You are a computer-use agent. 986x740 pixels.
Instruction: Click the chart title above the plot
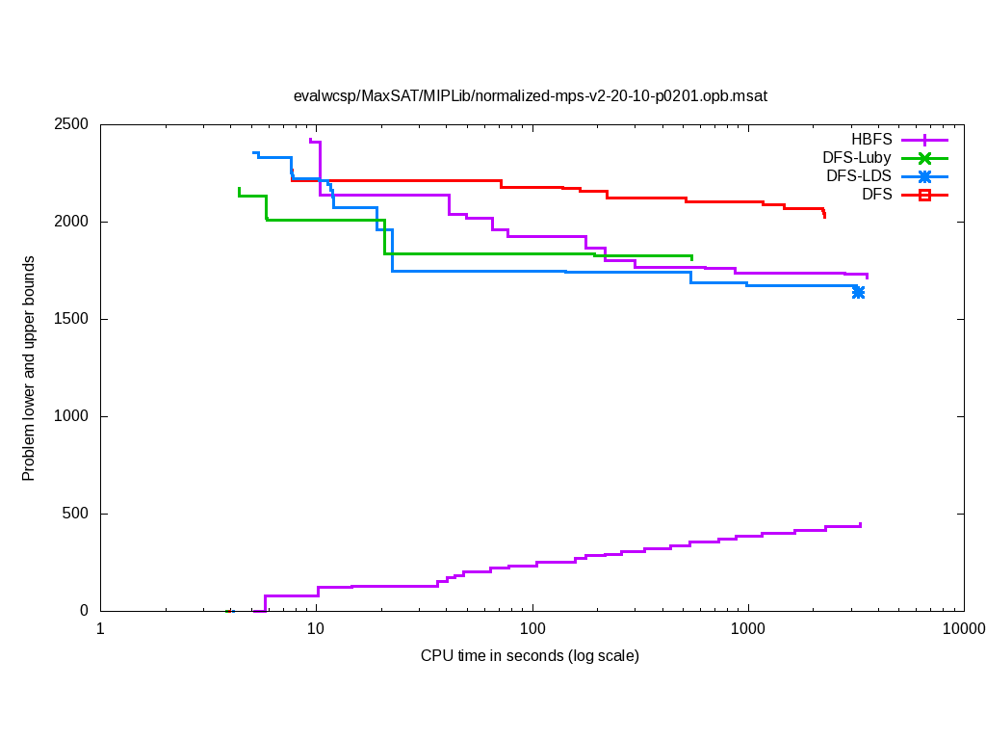(x=530, y=95)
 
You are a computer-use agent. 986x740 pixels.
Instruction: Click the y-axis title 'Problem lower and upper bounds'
(x=29, y=368)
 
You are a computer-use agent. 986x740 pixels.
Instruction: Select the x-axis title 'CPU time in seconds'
(x=530, y=656)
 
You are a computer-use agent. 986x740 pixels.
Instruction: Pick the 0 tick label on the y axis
(x=84, y=611)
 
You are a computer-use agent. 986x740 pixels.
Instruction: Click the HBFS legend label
(x=871, y=139)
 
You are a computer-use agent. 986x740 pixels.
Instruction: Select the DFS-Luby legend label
(x=857, y=157)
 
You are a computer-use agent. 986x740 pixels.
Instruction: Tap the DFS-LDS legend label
(x=859, y=175)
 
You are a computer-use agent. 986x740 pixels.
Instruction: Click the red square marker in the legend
(x=924, y=195)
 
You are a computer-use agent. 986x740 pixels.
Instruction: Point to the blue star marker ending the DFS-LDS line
(x=858, y=292)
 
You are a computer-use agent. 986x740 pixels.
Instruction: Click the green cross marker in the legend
(x=924, y=157)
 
